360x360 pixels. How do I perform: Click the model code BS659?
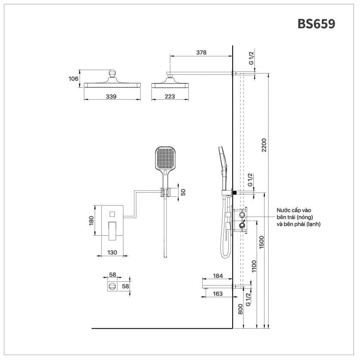pyautogui.click(x=316, y=24)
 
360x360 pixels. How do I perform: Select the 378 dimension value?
pyautogui.click(x=201, y=53)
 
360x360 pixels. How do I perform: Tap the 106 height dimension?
pyautogui.click(x=74, y=79)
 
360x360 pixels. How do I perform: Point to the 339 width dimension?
pyautogui.click(x=111, y=97)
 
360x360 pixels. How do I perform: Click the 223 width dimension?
pyautogui.click(x=169, y=97)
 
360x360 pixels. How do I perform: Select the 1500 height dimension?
pyautogui.click(x=261, y=243)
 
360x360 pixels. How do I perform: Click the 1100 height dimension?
pyautogui.click(x=254, y=267)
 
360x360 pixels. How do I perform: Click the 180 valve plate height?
pyautogui.click(x=91, y=220)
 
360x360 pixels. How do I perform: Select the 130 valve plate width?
pyautogui.click(x=112, y=253)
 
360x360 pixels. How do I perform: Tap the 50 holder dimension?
pyautogui.click(x=183, y=192)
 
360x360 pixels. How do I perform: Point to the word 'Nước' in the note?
pyautogui.click(x=284, y=210)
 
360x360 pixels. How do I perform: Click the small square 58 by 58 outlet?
pyautogui.click(x=112, y=286)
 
